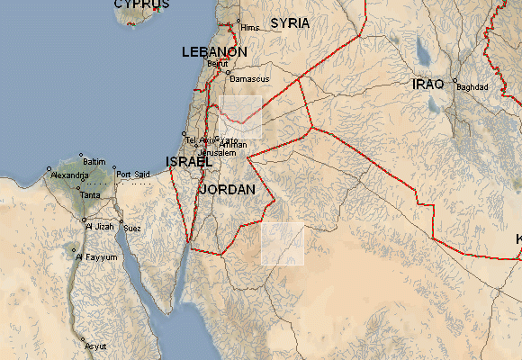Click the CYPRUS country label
pos(141,4)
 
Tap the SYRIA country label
pos(290,22)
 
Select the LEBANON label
pos(214,52)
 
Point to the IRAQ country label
pos(428,84)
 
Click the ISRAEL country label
pos(188,162)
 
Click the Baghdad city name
pos(472,87)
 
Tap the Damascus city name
pos(250,79)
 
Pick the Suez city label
pos(132,228)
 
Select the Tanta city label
pos(90,195)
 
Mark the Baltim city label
pos(94,161)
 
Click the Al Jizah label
pos(101,227)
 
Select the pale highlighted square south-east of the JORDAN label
pos(283,243)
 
